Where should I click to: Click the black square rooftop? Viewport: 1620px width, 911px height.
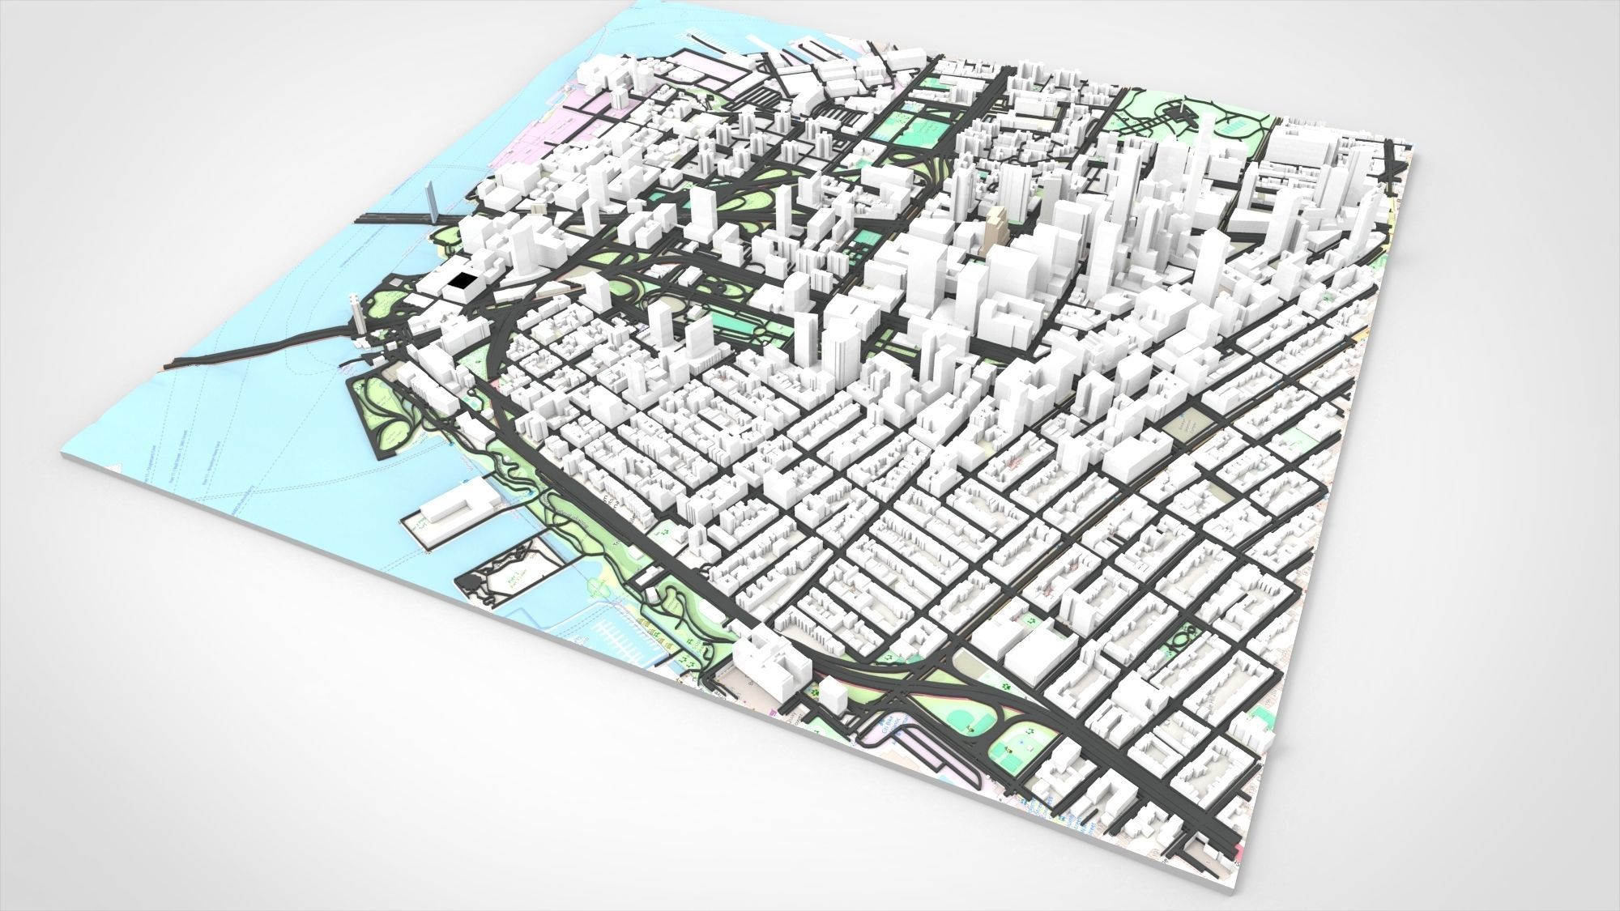click(463, 283)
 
